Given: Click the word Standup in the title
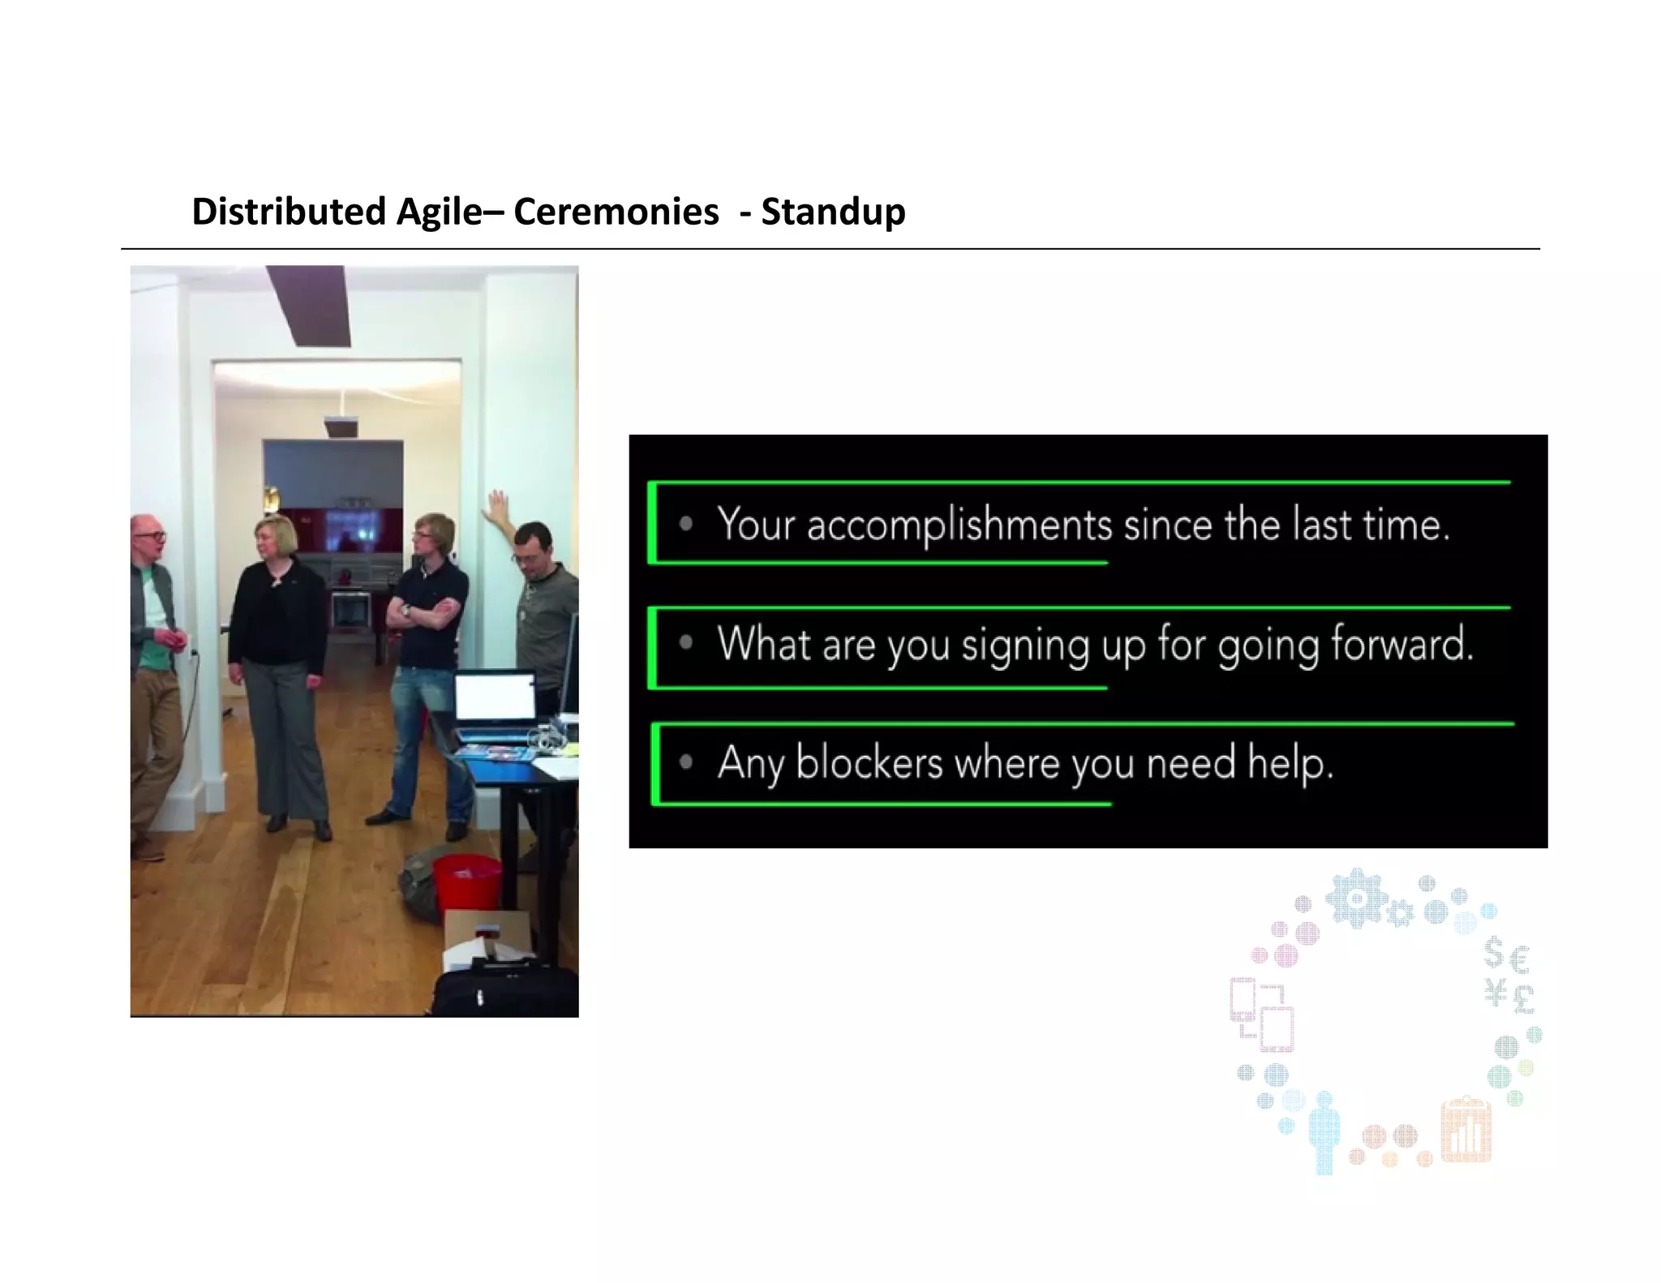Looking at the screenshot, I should coord(833,212).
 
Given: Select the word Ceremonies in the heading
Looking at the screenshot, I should coord(616,212).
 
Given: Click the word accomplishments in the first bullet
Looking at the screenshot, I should coord(959,525).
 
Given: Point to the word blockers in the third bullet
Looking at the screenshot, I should coord(869,763).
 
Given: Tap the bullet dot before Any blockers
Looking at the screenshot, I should coord(686,762).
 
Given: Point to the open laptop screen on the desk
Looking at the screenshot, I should coord(494,697).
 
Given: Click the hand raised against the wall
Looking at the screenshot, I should coord(496,505).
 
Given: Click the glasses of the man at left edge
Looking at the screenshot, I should coord(152,535).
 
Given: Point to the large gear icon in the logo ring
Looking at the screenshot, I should coord(1356,897).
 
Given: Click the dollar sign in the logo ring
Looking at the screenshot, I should coord(1494,954).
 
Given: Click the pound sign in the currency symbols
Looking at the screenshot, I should coord(1522,998).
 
